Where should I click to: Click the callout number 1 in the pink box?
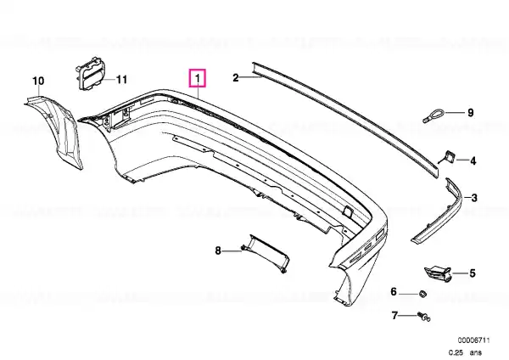(x=198, y=78)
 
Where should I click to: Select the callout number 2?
(x=236, y=77)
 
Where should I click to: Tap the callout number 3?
(x=474, y=198)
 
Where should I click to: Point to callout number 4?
(x=473, y=160)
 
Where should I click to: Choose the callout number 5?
(x=473, y=273)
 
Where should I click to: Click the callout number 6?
(x=394, y=292)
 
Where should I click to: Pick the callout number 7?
(x=394, y=316)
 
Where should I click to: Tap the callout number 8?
(x=218, y=250)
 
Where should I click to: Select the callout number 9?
(x=470, y=113)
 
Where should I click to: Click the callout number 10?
(x=38, y=81)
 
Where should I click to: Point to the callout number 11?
(x=121, y=79)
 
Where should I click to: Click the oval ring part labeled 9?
(x=433, y=116)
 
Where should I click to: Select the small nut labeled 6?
(x=422, y=294)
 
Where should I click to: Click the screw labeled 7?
(x=423, y=317)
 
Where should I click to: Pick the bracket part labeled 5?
(x=438, y=273)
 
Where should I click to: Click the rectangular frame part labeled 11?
(x=91, y=73)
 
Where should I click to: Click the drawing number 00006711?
(x=473, y=340)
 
